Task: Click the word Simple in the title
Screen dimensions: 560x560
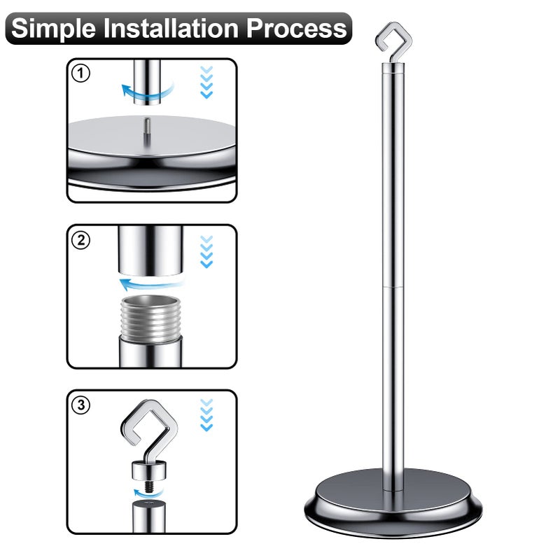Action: [x=54, y=29]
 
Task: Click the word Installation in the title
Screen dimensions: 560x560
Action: [x=171, y=28]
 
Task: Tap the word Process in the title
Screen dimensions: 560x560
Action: [x=296, y=28]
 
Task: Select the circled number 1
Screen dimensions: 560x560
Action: [x=80, y=73]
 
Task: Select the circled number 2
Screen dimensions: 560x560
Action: [x=80, y=240]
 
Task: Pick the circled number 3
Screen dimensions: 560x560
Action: [x=80, y=405]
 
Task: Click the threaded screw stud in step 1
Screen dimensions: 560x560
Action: [x=147, y=131]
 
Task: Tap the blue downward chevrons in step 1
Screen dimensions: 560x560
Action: [x=206, y=82]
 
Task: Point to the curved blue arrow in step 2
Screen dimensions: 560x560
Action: [x=152, y=284]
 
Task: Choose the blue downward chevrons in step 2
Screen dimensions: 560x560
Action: [x=206, y=251]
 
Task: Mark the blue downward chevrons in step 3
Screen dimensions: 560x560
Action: [x=206, y=415]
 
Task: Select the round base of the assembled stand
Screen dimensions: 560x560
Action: [x=393, y=503]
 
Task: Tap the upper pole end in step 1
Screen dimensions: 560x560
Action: [x=147, y=82]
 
